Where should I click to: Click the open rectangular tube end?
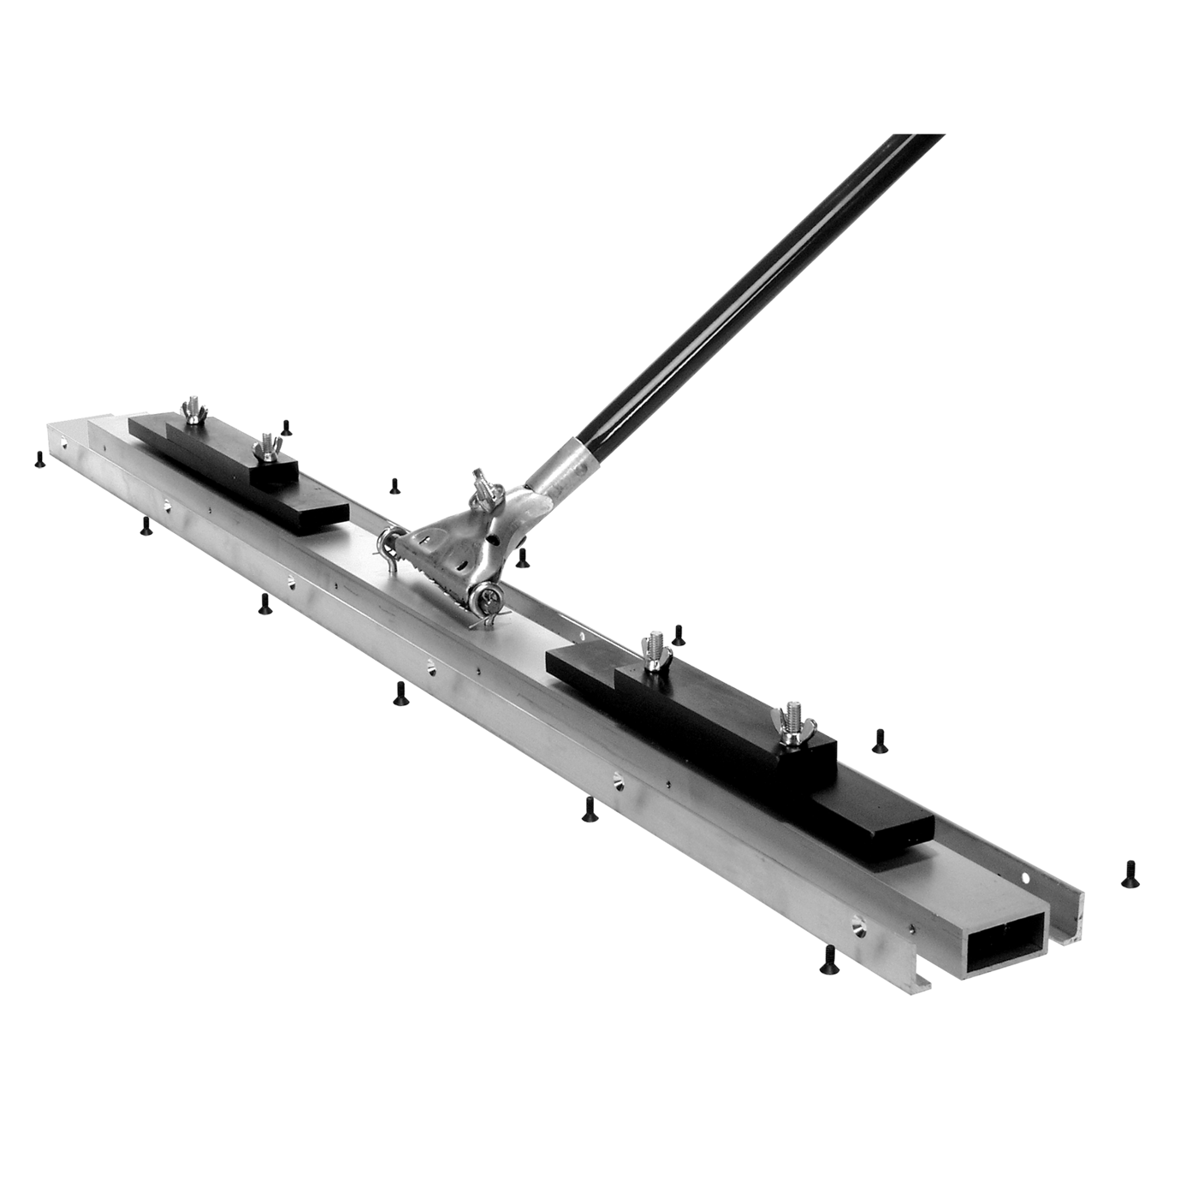tap(1005, 941)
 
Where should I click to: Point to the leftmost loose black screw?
tap(39, 460)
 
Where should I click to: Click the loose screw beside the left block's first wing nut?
tap(288, 427)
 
